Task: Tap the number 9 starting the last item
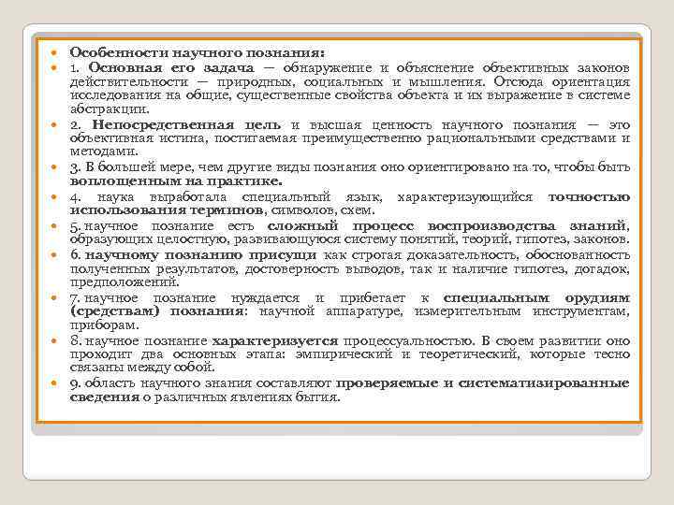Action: (x=73, y=383)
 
